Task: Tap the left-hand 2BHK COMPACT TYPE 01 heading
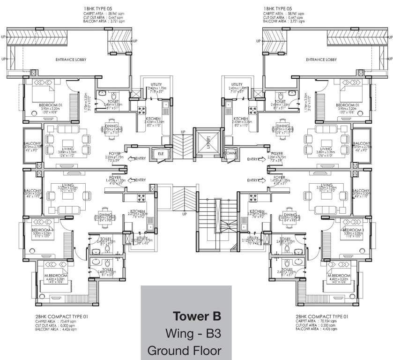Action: tap(61, 317)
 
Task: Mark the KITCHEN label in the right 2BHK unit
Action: tap(257, 211)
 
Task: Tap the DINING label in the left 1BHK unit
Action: tap(111, 126)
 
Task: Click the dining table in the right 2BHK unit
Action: tap(289, 225)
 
